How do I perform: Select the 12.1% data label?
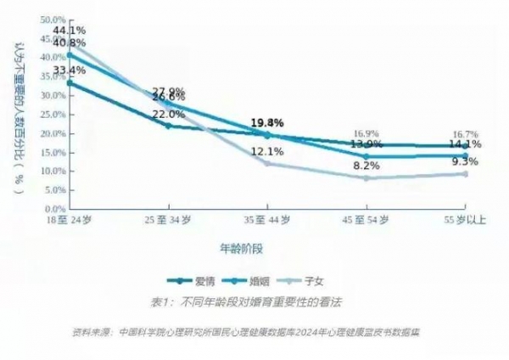pyautogui.click(x=267, y=152)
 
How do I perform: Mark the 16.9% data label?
pyautogui.click(x=366, y=134)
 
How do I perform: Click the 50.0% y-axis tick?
pyautogui.click(x=53, y=19)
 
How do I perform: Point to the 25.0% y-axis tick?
pyautogui.click(x=53, y=115)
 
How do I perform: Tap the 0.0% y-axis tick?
pyautogui.click(x=54, y=209)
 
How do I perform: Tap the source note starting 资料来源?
pyautogui.click(x=246, y=332)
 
